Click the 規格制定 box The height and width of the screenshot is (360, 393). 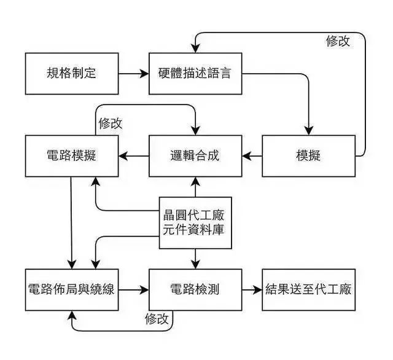pos(72,74)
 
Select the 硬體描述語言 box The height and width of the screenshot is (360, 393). pos(195,74)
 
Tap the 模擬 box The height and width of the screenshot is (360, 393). pos(308,155)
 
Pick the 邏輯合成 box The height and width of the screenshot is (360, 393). pos(195,155)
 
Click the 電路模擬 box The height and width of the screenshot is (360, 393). pos(72,155)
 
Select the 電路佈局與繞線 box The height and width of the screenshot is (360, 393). pos(72,289)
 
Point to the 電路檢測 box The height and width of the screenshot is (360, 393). pos(195,289)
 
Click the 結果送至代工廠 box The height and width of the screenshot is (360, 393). pos(308,289)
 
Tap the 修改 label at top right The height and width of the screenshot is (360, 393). pos(338,41)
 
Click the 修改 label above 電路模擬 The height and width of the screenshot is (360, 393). pos(110,123)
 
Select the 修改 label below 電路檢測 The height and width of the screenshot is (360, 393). pos(157,319)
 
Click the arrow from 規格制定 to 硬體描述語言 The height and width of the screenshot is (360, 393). pos(134,74)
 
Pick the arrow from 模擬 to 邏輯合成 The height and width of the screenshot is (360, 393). pos(252,155)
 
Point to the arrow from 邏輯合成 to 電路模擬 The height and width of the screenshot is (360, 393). pos(134,155)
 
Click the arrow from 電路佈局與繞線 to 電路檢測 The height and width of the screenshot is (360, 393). pos(134,289)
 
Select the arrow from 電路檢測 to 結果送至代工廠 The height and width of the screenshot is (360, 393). pos(252,289)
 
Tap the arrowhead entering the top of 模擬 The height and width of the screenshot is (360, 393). pos(308,130)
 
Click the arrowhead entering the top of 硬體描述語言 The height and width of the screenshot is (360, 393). pos(195,49)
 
